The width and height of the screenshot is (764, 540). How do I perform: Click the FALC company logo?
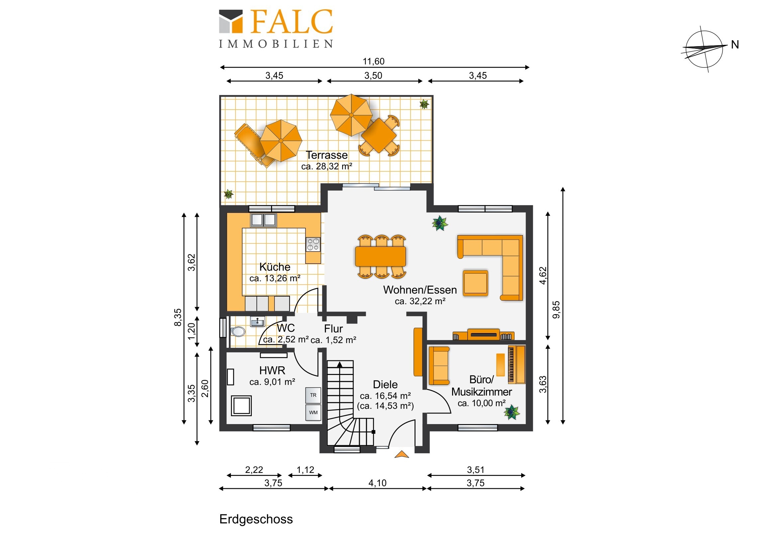click(x=276, y=29)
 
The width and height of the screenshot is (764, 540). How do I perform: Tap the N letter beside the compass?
click(x=735, y=45)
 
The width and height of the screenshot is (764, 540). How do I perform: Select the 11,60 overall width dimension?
click(x=373, y=61)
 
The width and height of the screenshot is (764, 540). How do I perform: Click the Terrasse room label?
click(x=327, y=155)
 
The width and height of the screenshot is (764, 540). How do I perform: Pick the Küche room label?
click(x=274, y=267)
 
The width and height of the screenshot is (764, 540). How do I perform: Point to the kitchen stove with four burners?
click(x=313, y=244)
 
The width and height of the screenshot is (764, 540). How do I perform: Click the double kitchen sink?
click(x=263, y=220)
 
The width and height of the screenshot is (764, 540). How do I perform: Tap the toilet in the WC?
click(x=238, y=331)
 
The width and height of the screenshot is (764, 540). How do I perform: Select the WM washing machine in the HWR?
click(x=313, y=412)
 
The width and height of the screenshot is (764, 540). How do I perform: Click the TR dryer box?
click(x=313, y=395)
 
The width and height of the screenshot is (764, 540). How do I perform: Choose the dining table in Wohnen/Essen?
click(x=380, y=256)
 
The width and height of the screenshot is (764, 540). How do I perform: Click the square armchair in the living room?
click(x=475, y=283)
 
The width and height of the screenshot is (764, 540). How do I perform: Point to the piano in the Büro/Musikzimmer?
click(x=516, y=365)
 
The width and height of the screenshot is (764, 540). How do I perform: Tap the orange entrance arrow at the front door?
click(x=402, y=454)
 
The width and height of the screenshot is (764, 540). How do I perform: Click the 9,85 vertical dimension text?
click(x=556, y=310)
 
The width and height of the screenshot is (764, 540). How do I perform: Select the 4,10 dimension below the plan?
click(x=377, y=483)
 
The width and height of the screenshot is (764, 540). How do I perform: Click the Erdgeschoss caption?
click(x=256, y=519)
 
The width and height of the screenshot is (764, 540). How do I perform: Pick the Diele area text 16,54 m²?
click(x=385, y=396)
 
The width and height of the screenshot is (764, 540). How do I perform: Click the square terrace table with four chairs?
click(x=379, y=135)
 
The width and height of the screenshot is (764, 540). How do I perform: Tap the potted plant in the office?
click(x=512, y=412)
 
